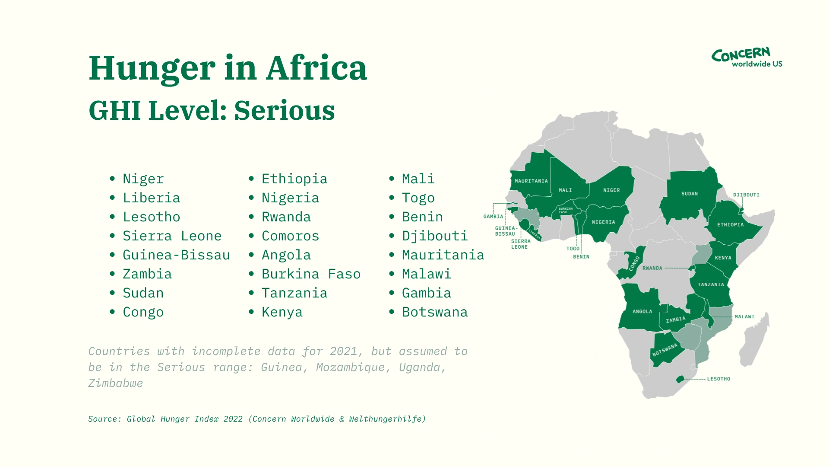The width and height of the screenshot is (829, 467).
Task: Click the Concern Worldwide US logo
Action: click(x=747, y=58)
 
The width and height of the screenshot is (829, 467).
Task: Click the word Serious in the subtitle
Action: click(x=284, y=111)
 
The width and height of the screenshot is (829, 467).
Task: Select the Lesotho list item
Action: click(x=151, y=217)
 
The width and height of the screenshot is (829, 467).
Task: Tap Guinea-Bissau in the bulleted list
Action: click(x=176, y=255)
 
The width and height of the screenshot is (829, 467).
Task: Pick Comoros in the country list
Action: click(x=290, y=236)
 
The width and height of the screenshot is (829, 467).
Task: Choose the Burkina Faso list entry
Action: click(x=311, y=274)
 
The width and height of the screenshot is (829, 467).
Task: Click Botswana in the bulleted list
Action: click(x=434, y=312)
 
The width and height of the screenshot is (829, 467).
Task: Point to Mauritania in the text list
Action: click(x=443, y=255)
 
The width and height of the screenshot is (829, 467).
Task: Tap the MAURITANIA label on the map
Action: click(x=531, y=181)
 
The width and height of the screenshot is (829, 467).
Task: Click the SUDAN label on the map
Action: click(x=689, y=194)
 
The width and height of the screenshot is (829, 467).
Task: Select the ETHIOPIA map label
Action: click(x=730, y=225)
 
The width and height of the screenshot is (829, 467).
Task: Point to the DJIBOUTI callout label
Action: click(x=746, y=195)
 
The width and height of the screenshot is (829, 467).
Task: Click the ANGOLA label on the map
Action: click(x=642, y=311)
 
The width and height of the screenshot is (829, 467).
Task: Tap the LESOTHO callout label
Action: click(x=718, y=379)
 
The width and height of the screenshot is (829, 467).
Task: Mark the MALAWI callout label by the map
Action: click(x=744, y=317)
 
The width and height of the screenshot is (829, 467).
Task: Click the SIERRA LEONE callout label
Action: click(x=520, y=244)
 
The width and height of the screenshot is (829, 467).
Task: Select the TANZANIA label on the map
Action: click(x=710, y=285)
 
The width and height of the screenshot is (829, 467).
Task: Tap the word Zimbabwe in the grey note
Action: click(x=115, y=383)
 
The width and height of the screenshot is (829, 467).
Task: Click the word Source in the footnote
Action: click(x=104, y=419)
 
